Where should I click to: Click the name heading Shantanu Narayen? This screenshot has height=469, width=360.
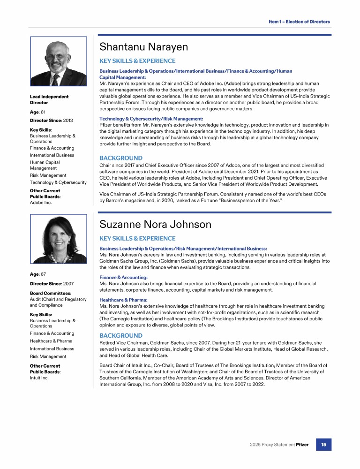click(143, 47)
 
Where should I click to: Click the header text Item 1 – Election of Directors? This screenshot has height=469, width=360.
click(299, 22)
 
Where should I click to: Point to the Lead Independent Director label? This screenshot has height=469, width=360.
click(49, 99)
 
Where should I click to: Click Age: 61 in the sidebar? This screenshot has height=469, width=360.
click(37, 112)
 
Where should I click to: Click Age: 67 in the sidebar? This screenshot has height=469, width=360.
click(37, 274)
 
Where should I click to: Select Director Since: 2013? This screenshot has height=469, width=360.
click(51, 121)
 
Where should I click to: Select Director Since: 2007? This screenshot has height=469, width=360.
click(51, 284)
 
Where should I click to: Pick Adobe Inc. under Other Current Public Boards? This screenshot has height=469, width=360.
click(41, 203)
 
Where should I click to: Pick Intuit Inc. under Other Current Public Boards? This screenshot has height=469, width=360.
click(39, 378)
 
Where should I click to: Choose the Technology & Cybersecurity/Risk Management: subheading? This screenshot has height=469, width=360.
click(151, 119)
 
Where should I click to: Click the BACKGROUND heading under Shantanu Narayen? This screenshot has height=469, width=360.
click(121, 158)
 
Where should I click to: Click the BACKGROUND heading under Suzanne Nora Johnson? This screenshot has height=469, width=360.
click(121, 336)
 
